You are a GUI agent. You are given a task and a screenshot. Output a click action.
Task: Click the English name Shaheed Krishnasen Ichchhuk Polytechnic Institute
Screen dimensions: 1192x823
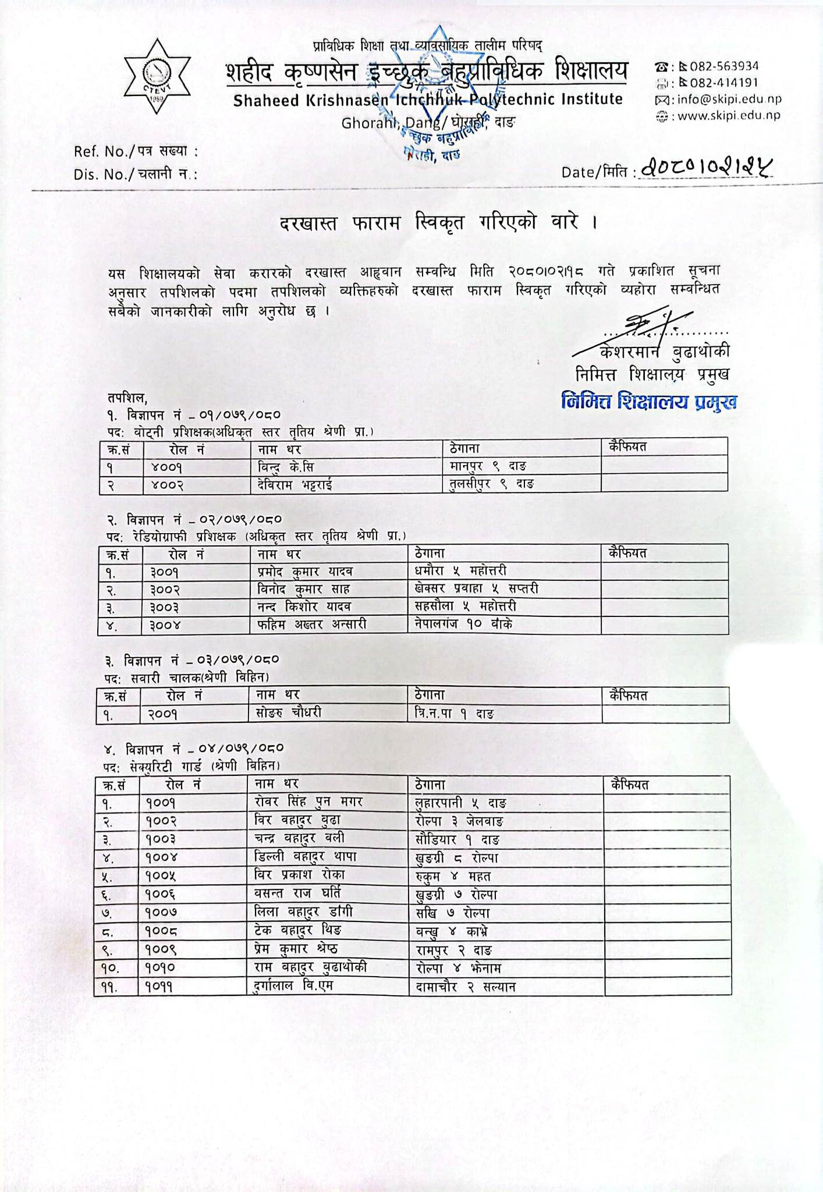click(428, 100)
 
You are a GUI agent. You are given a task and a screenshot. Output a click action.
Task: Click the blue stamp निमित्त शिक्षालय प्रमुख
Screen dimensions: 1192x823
click(649, 402)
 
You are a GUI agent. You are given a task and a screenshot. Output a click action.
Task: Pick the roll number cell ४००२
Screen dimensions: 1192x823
click(167, 485)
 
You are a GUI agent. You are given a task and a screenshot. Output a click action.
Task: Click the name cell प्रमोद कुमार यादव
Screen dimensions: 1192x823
click(305, 572)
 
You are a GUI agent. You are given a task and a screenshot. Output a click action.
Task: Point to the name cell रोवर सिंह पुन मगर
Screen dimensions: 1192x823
click(308, 802)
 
